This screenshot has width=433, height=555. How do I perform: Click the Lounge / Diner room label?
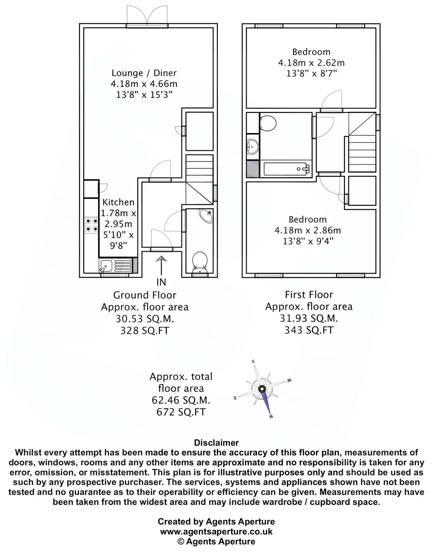[x=144, y=73]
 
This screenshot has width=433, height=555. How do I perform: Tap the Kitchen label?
[x=118, y=202]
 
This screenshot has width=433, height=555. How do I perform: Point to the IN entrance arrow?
[x=161, y=267]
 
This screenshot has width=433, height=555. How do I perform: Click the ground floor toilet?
[x=200, y=260]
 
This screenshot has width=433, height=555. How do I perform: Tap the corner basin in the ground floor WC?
[x=206, y=216]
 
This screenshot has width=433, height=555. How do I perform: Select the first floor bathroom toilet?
[x=267, y=123]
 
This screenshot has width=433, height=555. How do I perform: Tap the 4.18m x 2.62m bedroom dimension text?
[x=311, y=63]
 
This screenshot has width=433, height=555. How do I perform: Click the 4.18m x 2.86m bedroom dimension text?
[x=307, y=231]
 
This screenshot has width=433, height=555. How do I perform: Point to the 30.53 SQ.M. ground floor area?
[x=144, y=319]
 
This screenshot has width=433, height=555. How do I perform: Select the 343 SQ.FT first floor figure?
[x=309, y=330]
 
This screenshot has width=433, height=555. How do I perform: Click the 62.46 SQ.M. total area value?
[x=181, y=400]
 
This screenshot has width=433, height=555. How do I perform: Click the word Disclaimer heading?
[x=216, y=443]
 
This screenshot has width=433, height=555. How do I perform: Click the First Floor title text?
[x=309, y=295]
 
